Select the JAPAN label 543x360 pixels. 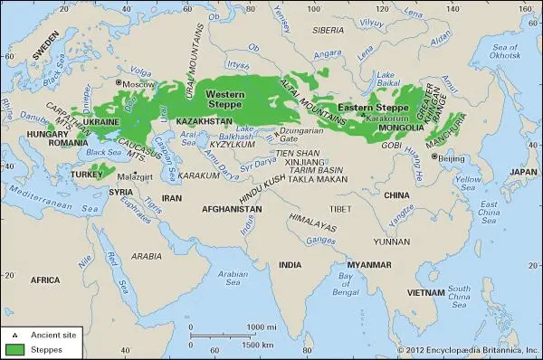coord(519,171)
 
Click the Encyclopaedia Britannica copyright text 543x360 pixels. coord(468,350)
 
